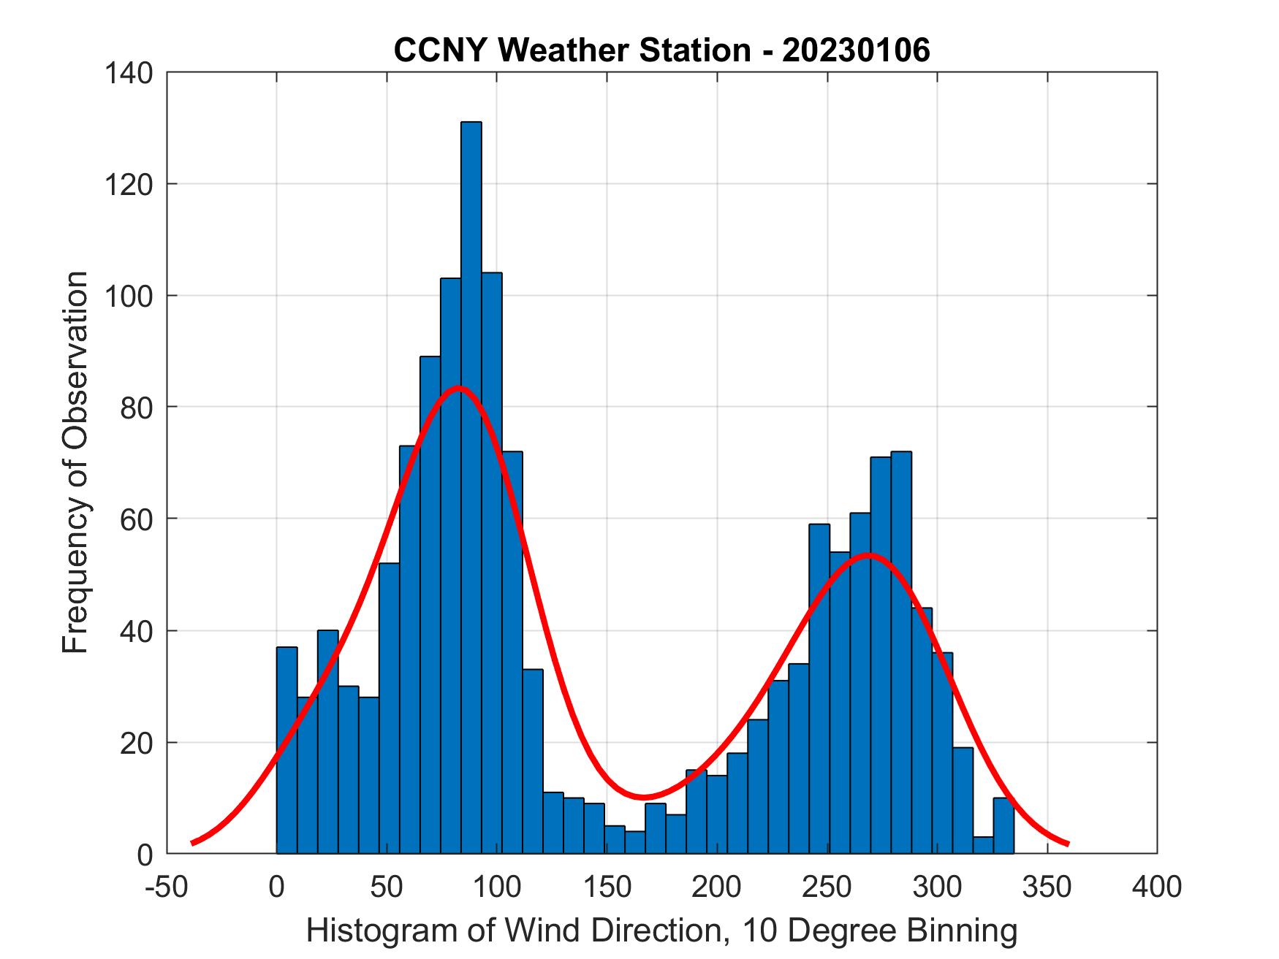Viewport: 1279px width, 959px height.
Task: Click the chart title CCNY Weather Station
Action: pos(571,50)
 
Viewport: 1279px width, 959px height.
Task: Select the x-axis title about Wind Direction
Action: pos(661,931)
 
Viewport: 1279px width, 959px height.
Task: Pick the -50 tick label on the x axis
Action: pos(167,887)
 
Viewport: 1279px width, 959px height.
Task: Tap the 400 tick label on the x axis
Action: pos(1156,887)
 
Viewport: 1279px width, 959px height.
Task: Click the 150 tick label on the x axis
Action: pos(607,887)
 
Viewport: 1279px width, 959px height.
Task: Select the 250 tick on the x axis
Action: pos(827,887)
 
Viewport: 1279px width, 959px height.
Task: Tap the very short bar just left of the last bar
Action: pos(983,845)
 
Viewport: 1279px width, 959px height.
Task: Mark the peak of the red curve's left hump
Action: pos(459,387)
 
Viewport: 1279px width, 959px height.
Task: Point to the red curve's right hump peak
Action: pos(868,555)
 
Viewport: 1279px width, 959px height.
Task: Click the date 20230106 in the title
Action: pos(856,50)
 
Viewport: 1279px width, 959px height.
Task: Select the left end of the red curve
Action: pos(192,843)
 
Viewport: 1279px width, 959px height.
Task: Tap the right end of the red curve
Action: pos(1068,844)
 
